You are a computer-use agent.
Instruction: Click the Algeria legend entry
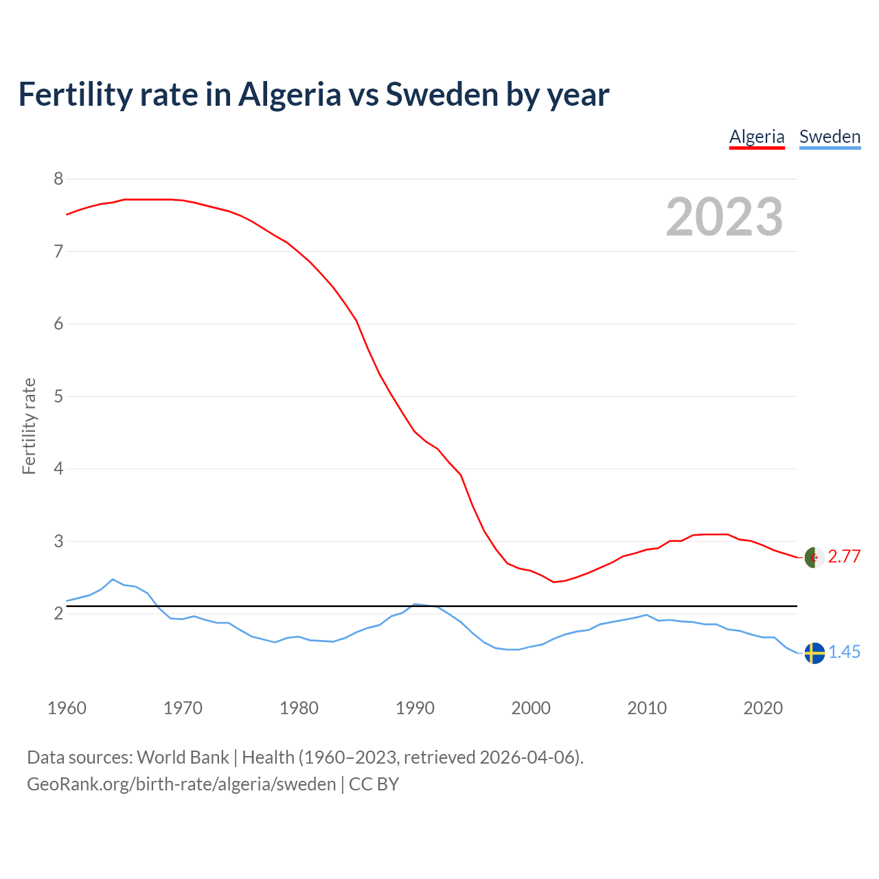tap(756, 137)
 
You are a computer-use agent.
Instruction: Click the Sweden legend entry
tap(830, 137)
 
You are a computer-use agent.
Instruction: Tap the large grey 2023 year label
tap(724, 217)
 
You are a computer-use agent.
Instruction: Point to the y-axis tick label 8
tap(58, 179)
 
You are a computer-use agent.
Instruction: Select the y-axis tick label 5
tap(58, 396)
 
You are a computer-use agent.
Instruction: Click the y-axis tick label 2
tap(58, 613)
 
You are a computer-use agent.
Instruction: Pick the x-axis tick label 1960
tap(67, 708)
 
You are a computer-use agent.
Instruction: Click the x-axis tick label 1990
tap(415, 708)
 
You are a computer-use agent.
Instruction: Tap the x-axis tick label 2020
tap(763, 708)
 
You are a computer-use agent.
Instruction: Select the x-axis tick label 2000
tap(531, 708)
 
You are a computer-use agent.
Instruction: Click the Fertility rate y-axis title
tap(29, 426)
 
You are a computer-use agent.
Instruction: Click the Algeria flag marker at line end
tap(814, 557)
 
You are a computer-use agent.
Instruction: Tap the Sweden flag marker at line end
tap(814, 653)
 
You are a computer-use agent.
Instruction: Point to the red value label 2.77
tap(844, 557)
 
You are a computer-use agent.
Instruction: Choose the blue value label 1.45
tap(844, 652)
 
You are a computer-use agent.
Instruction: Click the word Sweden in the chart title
tap(442, 94)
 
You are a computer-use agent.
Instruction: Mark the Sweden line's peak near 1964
tap(113, 579)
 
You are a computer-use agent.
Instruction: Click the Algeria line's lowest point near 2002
tap(553, 582)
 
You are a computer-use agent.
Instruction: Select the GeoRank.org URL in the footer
tap(181, 784)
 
